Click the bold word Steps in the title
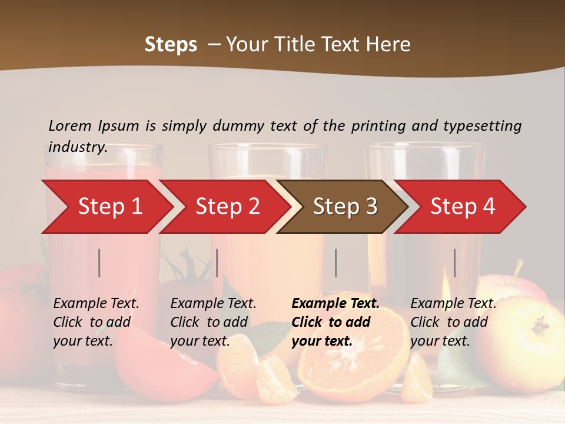pyautogui.click(x=171, y=45)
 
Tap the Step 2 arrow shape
pyautogui.click(x=227, y=206)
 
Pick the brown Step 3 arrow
pyautogui.click(x=345, y=206)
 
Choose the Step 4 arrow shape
pyautogui.click(x=463, y=206)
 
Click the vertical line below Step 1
pyautogui.click(x=99, y=263)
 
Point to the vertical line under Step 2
pyautogui.click(x=217, y=263)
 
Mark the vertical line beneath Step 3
pyautogui.click(x=335, y=263)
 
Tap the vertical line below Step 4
pyautogui.click(x=454, y=263)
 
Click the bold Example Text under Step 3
pyautogui.click(x=335, y=322)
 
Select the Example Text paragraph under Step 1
pyautogui.click(x=96, y=322)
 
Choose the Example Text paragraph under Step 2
pyautogui.click(x=213, y=322)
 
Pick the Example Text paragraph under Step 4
pyautogui.click(x=453, y=322)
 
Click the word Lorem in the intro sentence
pyautogui.click(x=70, y=125)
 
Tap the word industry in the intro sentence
pyautogui.click(x=77, y=147)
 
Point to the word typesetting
pyautogui.click(x=482, y=126)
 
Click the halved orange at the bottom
pyautogui.click(x=353, y=353)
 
